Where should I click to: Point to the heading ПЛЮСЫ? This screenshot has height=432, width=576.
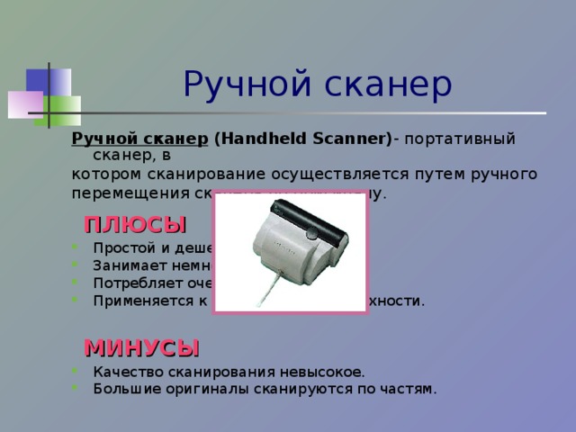[x=135, y=225]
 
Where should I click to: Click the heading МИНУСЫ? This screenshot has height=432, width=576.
[x=141, y=347]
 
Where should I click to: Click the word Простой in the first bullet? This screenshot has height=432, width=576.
[x=120, y=248]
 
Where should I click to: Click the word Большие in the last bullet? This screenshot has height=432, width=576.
[x=121, y=388]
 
